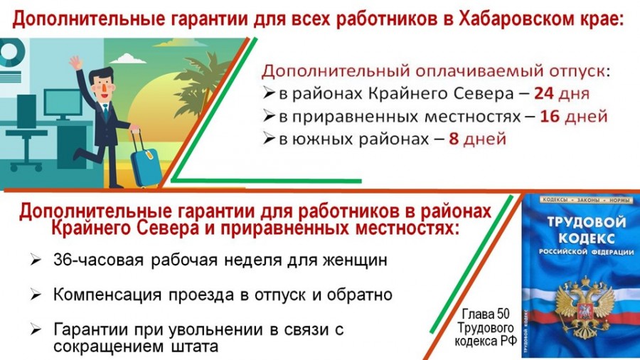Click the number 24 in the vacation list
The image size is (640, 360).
coord(544,93)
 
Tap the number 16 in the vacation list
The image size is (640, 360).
coord(550,117)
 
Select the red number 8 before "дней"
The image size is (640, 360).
coord(454,139)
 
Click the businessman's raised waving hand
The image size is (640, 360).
coord(75,63)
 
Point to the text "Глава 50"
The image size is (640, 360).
coord(486,314)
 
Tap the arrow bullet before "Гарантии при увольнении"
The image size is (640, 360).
coord(36,329)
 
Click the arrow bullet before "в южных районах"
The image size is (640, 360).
coord(269,139)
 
